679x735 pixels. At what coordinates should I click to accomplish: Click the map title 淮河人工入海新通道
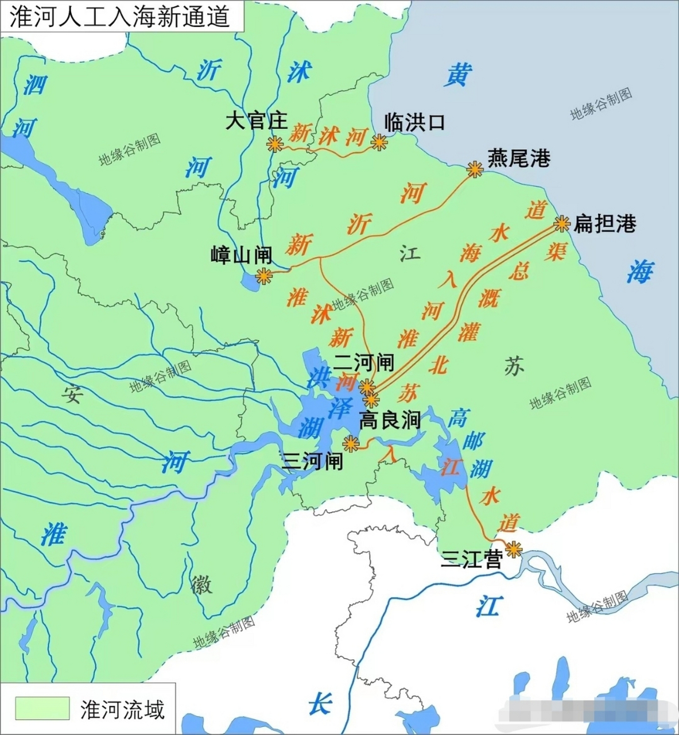[119, 16]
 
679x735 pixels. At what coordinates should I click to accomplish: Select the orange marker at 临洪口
[379, 142]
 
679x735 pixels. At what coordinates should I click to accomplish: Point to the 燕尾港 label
[519, 158]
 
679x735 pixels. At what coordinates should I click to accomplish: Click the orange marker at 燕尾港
[475, 169]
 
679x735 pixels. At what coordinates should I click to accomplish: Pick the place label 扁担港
[605, 224]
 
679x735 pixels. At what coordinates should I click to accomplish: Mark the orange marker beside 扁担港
[561, 224]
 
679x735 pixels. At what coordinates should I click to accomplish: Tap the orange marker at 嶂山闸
[263, 276]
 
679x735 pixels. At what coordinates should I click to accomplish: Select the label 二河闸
[364, 363]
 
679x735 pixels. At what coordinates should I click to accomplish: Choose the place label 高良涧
[390, 421]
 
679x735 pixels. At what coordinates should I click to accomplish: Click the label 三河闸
[312, 461]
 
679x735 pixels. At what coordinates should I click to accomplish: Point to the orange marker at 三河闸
[350, 443]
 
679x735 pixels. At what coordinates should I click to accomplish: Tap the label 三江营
[471, 559]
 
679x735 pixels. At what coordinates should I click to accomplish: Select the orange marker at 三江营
[513, 550]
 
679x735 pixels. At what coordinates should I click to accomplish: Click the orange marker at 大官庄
[275, 144]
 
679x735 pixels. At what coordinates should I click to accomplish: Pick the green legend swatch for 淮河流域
[42, 709]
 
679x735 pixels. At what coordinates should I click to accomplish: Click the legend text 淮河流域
[122, 710]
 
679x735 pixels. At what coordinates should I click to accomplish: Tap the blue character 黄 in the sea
[460, 76]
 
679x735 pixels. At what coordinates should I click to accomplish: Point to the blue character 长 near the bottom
[320, 703]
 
